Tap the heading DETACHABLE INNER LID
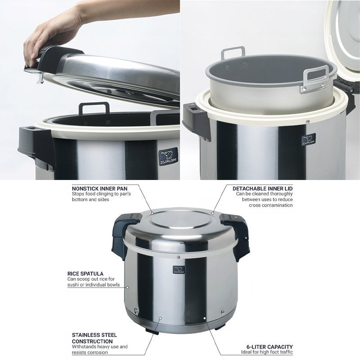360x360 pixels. [x=262, y=188]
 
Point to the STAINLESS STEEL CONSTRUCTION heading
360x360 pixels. [x=94, y=338]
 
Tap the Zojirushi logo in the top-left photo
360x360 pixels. [x=168, y=157]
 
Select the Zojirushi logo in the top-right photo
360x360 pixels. [x=308, y=139]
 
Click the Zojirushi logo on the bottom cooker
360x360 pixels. [x=179, y=270]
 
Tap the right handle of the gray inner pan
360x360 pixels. [x=315, y=78]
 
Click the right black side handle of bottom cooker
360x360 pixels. [x=237, y=232]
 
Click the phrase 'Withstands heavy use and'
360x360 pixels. [x=99, y=346]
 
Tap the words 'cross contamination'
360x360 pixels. [x=270, y=205]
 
